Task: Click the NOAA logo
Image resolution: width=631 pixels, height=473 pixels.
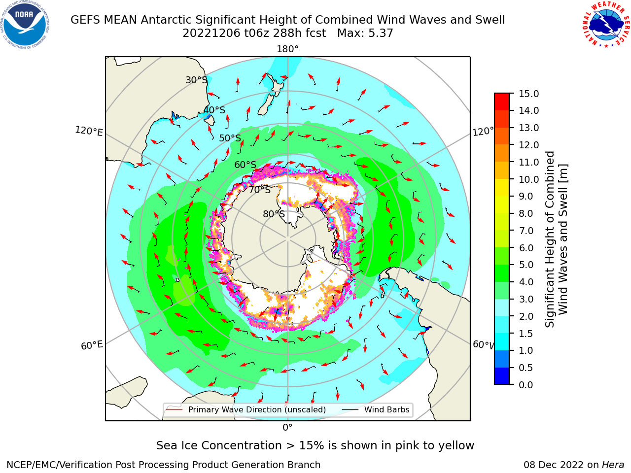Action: tap(25, 25)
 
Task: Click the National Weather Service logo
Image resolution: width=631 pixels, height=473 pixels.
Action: tap(606, 24)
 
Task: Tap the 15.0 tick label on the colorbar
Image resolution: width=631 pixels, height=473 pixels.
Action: tap(528, 94)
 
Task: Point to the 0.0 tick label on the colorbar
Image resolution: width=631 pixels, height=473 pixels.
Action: tap(526, 385)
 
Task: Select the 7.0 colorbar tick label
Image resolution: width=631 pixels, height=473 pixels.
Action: tap(526, 231)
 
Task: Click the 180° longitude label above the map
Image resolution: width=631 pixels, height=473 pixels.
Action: tap(287, 49)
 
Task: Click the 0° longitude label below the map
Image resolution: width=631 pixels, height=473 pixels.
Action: tap(287, 428)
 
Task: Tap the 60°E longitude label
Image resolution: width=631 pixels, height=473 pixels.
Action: tap(92, 345)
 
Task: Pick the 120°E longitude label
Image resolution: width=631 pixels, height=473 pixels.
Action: tap(89, 131)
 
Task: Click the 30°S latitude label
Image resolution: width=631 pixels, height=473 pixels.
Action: tap(196, 80)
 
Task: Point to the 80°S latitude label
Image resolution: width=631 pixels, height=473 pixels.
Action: tap(274, 214)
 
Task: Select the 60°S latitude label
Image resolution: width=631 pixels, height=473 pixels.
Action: tap(245, 165)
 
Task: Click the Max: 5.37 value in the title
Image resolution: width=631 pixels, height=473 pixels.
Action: tap(365, 34)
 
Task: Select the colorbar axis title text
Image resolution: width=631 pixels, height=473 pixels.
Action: tap(556, 239)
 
